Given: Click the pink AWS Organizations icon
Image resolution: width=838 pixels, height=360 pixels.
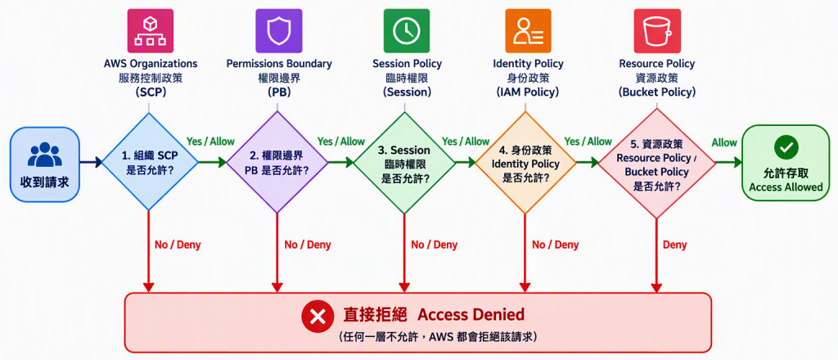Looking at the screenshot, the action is click(151, 30).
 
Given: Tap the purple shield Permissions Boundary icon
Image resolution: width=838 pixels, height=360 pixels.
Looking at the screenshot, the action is click(278, 30).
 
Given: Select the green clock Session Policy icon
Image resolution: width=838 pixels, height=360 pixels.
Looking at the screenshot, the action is click(407, 30).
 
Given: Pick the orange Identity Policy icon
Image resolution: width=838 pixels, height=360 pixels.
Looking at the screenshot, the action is click(528, 30).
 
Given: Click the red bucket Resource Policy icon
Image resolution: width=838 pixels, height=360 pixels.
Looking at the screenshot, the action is click(657, 30).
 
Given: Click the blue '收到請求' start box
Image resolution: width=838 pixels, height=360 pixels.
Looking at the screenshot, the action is click(44, 164).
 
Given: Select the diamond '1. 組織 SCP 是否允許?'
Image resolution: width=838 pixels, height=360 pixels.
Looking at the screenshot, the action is click(149, 162).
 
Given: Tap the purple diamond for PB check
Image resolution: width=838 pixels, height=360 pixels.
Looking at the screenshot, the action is click(277, 162).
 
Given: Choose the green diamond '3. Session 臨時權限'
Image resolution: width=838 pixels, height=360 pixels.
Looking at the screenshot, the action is click(404, 163).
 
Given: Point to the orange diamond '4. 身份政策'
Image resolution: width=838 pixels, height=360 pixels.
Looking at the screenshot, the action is click(525, 163).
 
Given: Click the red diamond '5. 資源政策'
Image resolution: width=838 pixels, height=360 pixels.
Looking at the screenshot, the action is click(657, 164).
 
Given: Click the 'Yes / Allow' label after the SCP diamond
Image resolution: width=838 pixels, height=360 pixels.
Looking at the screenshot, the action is click(210, 142).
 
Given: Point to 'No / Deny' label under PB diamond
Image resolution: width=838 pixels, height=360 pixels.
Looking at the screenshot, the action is click(308, 245).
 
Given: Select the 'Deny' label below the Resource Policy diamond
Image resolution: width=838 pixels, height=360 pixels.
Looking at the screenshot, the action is click(674, 245).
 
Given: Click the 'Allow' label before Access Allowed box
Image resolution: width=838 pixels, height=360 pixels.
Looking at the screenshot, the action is click(724, 142).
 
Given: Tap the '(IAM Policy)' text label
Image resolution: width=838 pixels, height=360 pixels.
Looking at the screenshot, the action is click(528, 92).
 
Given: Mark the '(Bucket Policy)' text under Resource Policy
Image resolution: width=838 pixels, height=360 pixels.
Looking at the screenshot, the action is click(657, 92).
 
